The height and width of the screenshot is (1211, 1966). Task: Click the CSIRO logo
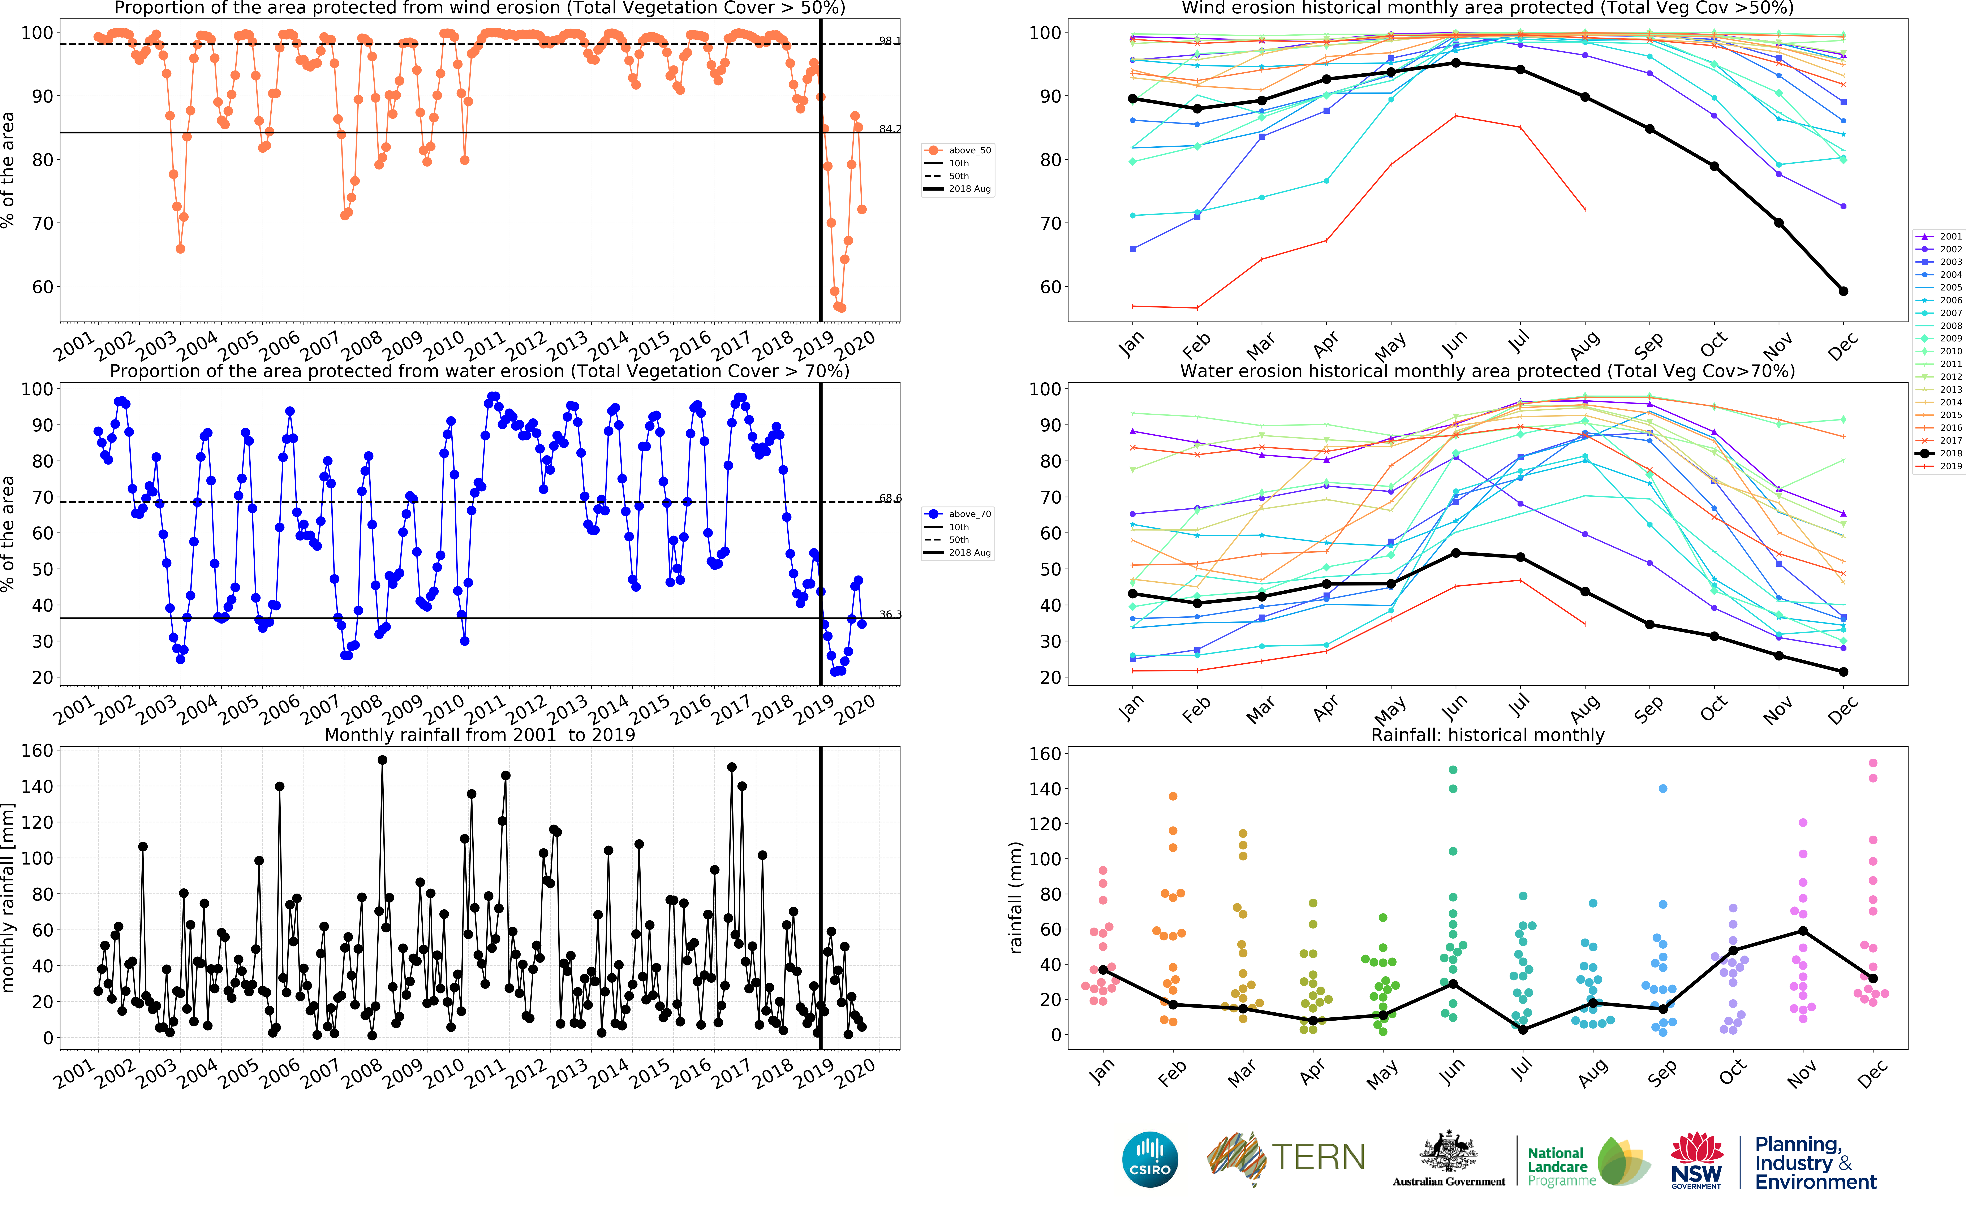pos(1150,1159)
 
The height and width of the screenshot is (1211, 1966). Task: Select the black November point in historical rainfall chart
pos(1803,931)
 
